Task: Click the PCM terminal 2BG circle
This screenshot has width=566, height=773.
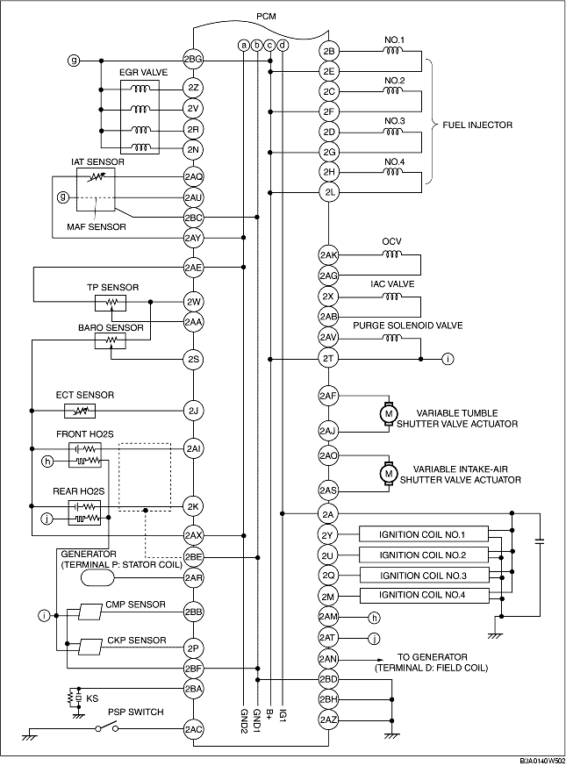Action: pos(193,61)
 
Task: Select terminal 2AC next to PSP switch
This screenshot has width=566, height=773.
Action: pos(193,729)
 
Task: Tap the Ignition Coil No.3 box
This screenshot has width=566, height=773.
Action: pos(424,576)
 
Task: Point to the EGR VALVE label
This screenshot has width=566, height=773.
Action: pos(143,73)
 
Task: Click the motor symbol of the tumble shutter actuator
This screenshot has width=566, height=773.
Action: pos(389,413)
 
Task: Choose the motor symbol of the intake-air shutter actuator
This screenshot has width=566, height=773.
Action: pos(389,473)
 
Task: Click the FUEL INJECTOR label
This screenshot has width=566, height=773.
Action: pos(477,125)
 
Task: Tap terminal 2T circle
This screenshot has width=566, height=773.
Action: pos(328,359)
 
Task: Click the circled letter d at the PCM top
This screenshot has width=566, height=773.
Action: pos(283,46)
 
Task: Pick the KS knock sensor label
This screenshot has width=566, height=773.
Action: pos(92,698)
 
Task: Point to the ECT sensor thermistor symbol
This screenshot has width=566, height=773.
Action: pos(79,411)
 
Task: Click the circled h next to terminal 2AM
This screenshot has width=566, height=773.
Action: pos(374,617)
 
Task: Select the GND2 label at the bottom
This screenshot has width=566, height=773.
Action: pos(244,719)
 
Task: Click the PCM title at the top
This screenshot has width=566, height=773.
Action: pos(266,17)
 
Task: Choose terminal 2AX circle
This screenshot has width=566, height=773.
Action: pos(193,535)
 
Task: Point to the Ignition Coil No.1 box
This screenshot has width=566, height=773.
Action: pos(424,534)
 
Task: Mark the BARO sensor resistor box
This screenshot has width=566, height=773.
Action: pos(111,340)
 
